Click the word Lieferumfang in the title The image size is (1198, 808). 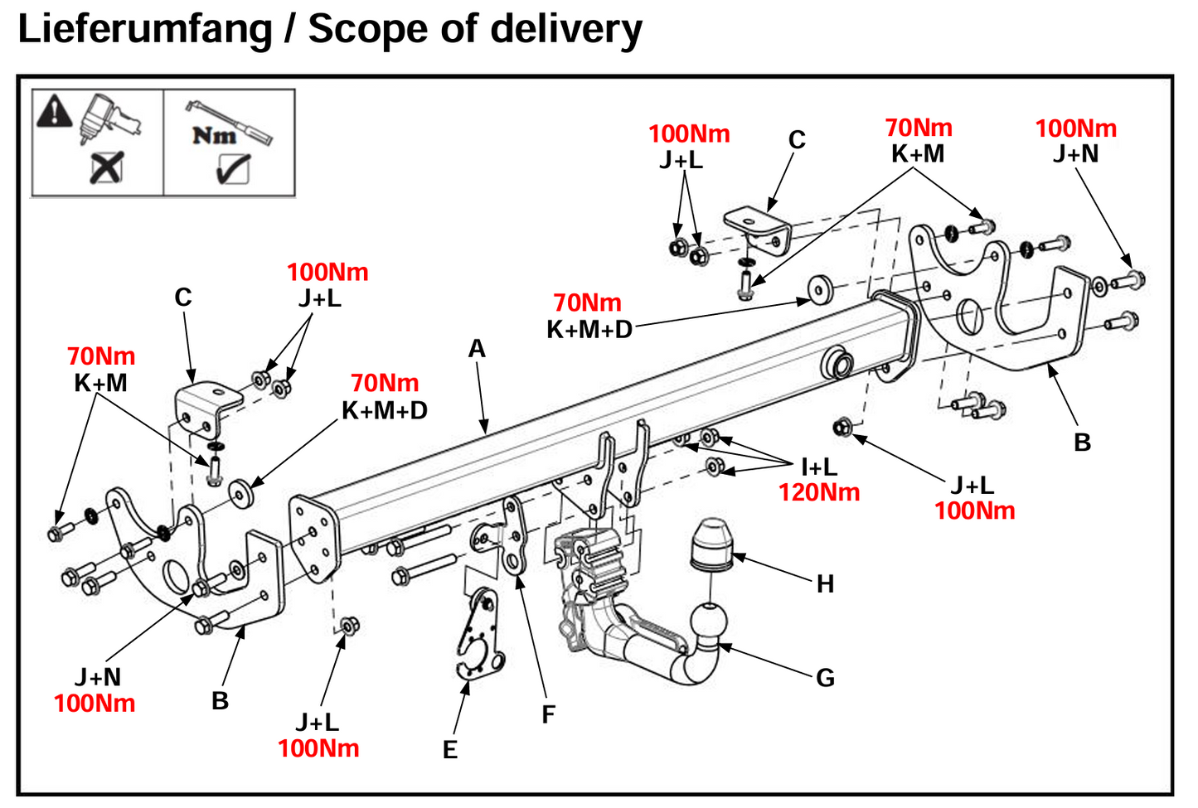[145, 30]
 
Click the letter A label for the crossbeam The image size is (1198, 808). [477, 349]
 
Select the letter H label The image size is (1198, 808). [825, 584]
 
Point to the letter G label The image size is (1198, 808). [825, 678]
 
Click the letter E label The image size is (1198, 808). [450, 750]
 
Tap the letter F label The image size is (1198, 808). [548, 714]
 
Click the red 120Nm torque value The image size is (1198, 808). [818, 492]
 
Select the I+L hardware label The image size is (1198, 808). [818, 467]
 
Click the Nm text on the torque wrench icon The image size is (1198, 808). [214, 135]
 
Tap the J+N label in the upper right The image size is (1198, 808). [1075, 154]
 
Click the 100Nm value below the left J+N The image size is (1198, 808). [95, 704]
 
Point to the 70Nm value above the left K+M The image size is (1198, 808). [101, 356]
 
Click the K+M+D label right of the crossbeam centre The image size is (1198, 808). [589, 330]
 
